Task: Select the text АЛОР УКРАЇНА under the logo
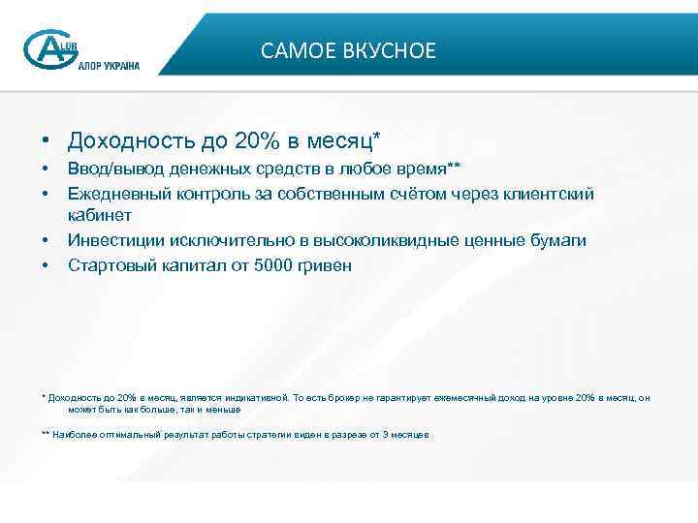(102, 66)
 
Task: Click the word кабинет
(100, 216)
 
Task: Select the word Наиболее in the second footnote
(76, 435)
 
